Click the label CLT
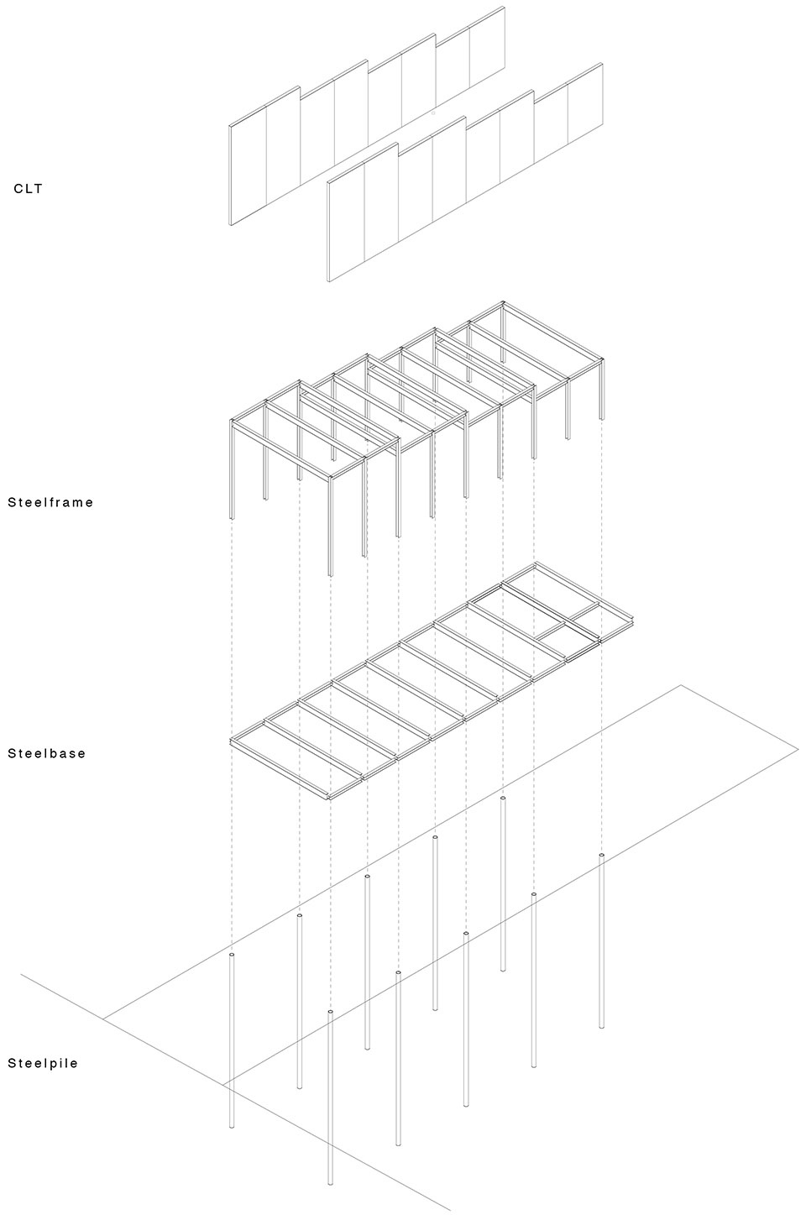tap(28, 189)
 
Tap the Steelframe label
tap(50, 502)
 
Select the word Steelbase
tap(47, 753)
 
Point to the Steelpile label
tap(43, 1063)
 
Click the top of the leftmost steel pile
tap(233, 954)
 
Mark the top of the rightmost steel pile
tap(601, 856)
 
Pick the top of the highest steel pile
tap(503, 799)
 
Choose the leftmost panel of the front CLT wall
tap(346, 220)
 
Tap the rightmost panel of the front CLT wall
tap(585, 114)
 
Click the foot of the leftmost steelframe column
tap(233, 518)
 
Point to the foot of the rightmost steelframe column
tap(601, 417)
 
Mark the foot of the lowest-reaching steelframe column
tap(330, 574)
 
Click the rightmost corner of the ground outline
tap(798, 749)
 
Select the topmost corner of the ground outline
tap(681, 685)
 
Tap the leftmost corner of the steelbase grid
tap(231, 741)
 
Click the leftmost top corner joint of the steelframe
tap(233, 421)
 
